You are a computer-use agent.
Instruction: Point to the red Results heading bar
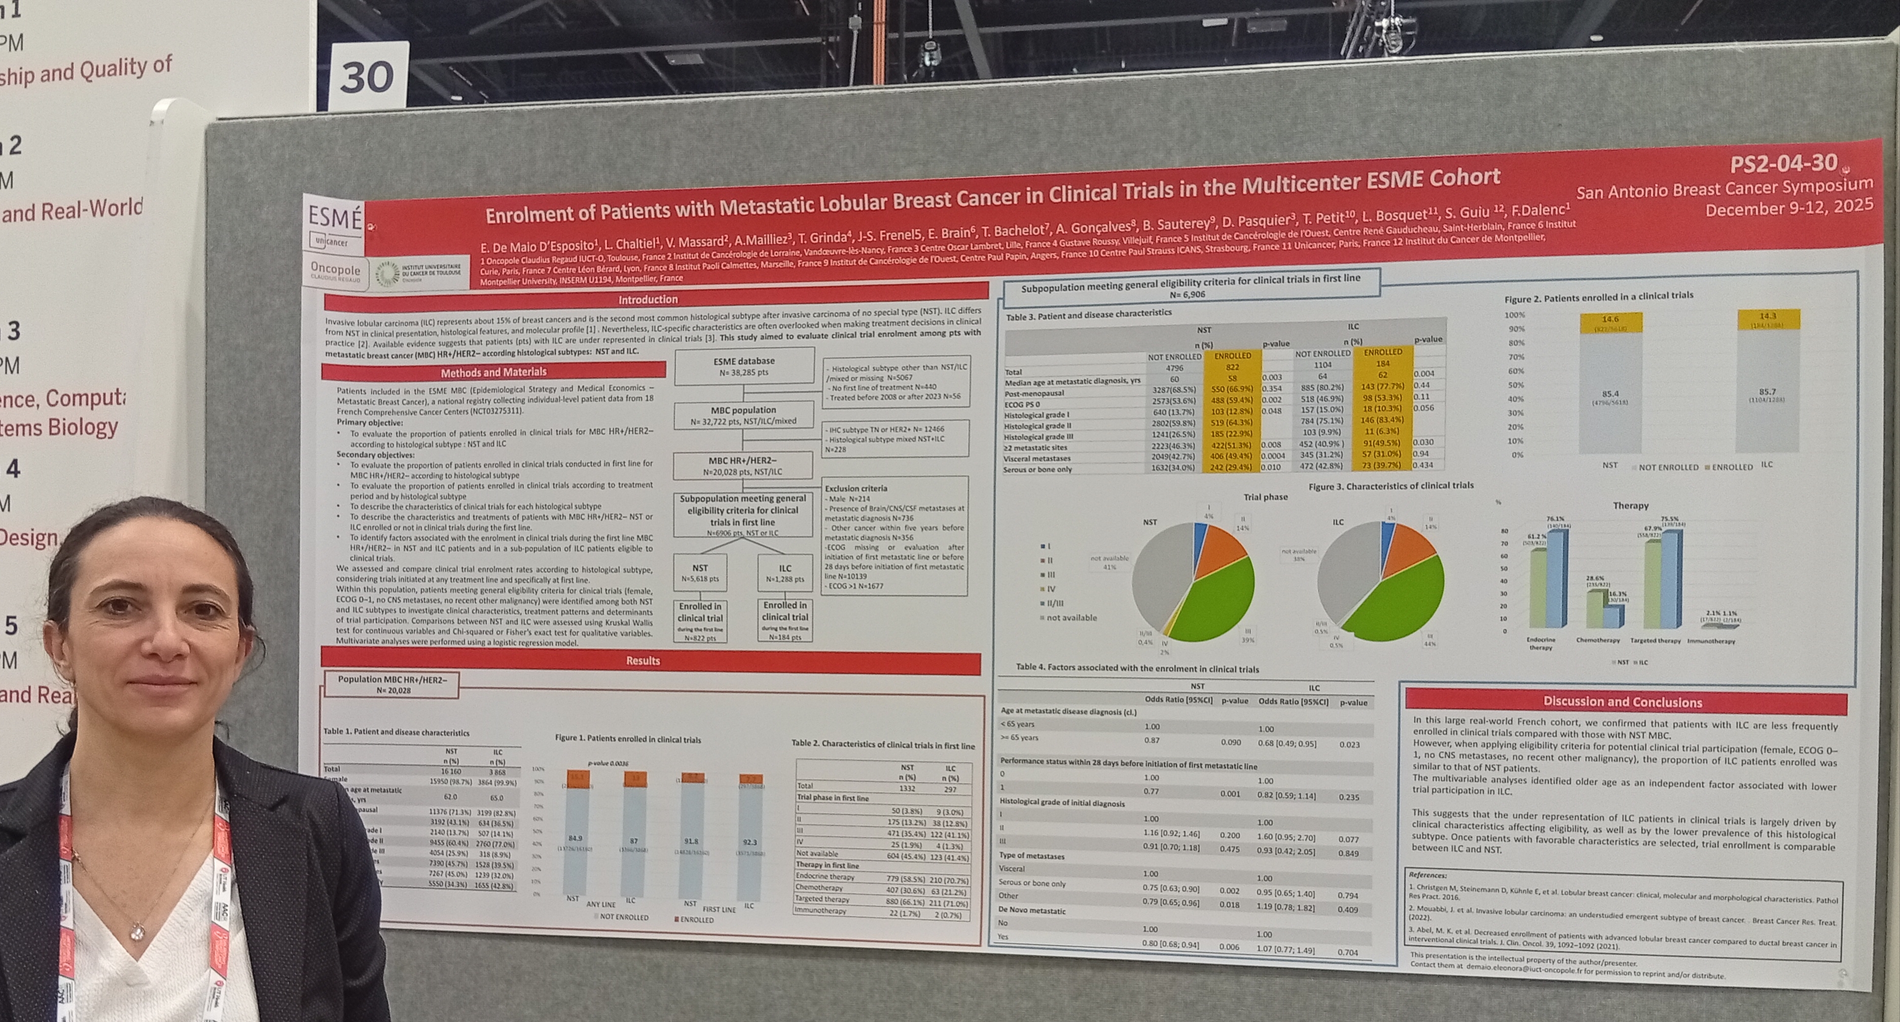[642, 661]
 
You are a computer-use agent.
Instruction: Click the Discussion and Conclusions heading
[1623, 702]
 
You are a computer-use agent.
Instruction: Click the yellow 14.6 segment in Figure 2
[1610, 323]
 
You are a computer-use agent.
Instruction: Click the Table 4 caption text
[1137, 668]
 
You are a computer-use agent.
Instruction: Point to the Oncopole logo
[336, 271]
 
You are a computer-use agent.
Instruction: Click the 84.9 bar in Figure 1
[576, 841]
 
